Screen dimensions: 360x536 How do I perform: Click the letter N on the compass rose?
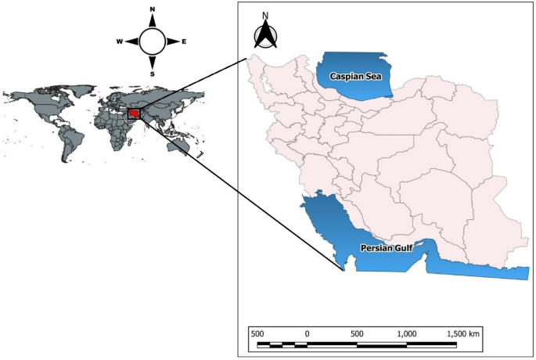(152, 10)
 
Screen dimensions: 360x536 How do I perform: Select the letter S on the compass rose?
(152, 74)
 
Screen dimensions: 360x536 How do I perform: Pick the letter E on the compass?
(183, 42)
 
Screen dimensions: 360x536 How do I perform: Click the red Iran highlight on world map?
(137, 114)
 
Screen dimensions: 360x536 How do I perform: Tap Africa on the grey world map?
(113, 129)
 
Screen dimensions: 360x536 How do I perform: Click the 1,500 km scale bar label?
(463, 333)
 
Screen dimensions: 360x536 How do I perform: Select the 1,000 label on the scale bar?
(407, 333)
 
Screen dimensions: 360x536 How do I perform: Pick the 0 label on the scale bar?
(307, 333)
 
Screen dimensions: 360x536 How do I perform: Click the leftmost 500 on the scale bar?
(257, 333)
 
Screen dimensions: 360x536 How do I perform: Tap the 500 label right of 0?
(357, 333)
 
